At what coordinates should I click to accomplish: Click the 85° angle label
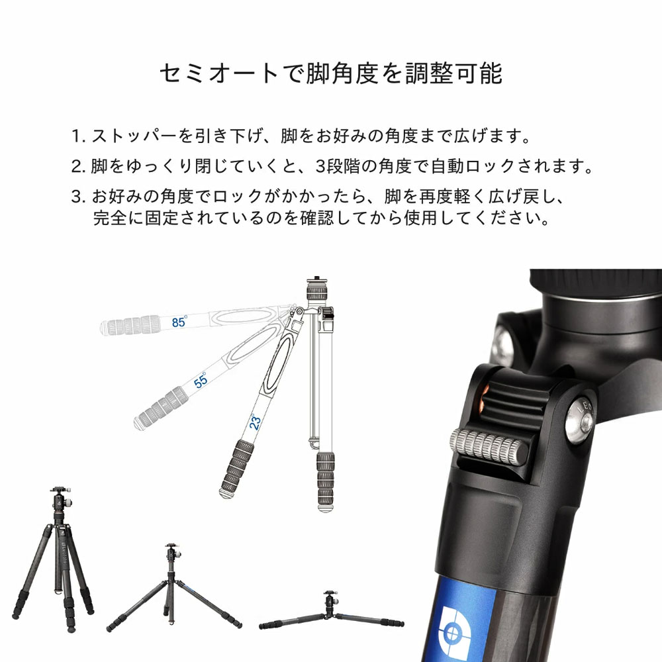point(179,322)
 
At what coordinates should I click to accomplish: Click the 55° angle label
point(201,380)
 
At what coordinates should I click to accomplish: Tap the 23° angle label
point(255,421)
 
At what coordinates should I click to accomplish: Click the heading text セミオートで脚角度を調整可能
point(331,73)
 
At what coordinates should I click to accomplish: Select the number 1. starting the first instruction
point(79,136)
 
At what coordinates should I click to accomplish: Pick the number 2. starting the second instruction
point(79,166)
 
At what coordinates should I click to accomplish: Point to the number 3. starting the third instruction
point(79,197)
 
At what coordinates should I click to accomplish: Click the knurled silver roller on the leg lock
point(488,447)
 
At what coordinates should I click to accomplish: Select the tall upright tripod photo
point(54,559)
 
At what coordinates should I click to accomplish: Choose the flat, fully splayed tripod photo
point(332,611)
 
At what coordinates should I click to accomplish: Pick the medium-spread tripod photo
point(173,587)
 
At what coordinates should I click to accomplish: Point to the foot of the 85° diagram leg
point(105,328)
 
